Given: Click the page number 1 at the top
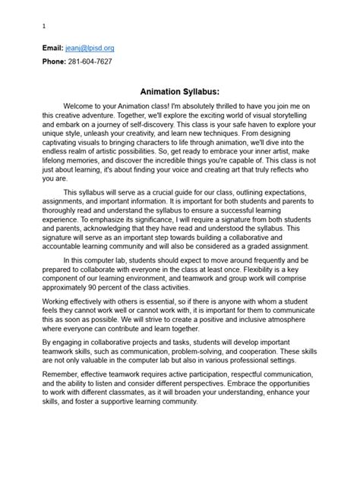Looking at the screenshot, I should coord(43,25).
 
